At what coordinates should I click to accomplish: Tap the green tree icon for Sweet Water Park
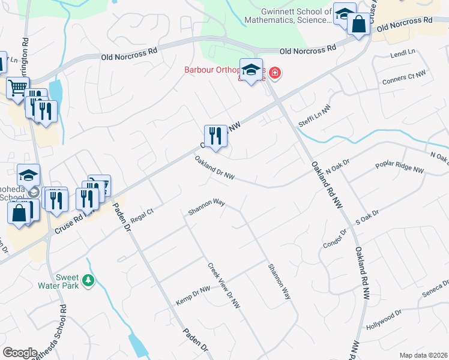click(x=89, y=280)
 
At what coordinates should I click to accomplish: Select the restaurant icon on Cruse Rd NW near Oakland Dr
click(x=215, y=136)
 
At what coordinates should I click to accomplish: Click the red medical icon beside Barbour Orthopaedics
click(x=275, y=73)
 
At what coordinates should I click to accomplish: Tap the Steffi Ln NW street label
click(x=314, y=114)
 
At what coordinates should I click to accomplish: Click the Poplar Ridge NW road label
click(x=399, y=167)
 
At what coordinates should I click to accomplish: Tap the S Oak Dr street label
click(x=367, y=217)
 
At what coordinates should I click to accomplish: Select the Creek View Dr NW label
click(x=224, y=286)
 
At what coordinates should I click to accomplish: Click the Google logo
click(x=20, y=352)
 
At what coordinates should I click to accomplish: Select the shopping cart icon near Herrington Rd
click(x=17, y=88)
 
